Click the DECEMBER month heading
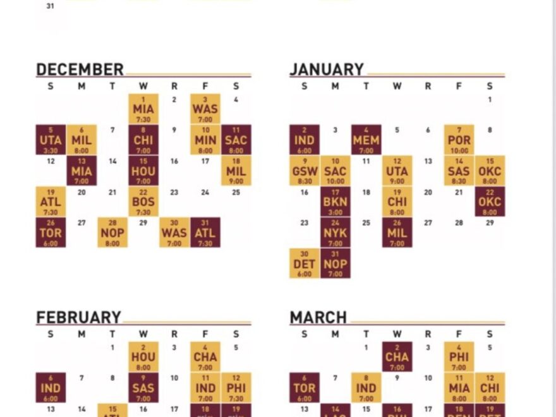pyautogui.click(x=80, y=69)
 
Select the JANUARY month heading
pyautogui.click(x=327, y=69)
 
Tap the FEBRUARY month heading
pyautogui.click(x=78, y=318)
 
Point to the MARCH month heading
pyautogui.click(x=318, y=318)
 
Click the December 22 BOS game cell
pyautogui.click(x=143, y=202)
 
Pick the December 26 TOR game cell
pyautogui.click(x=51, y=233)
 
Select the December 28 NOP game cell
pyautogui.click(x=112, y=233)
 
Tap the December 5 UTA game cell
pyautogui.click(x=51, y=140)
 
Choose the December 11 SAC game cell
pyautogui.click(x=236, y=140)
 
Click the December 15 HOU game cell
pyautogui.click(x=143, y=171)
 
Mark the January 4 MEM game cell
pyautogui.click(x=366, y=140)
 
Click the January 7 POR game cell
pyautogui.click(x=459, y=140)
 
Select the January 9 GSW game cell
pyautogui.click(x=305, y=171)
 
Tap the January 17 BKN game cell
pyautogui.click(x=335, y=202)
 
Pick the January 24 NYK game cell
pyautogui.click(x=335, y=233)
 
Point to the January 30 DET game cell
pyautogui.click(x=305, y=263)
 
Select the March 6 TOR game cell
pyautogui.click(x=305, y=388)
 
